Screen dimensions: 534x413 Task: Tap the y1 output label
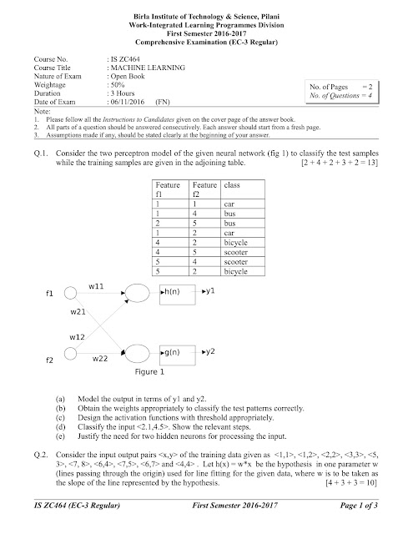pyautogui.click(x=211, y=290)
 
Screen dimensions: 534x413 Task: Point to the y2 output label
pyautogui.click(x=211, y=350)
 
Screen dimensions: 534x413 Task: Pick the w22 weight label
pyautogui.click(x=101, y=358)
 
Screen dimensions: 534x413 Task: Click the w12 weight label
pyautogui.click(x=78, y=337)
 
